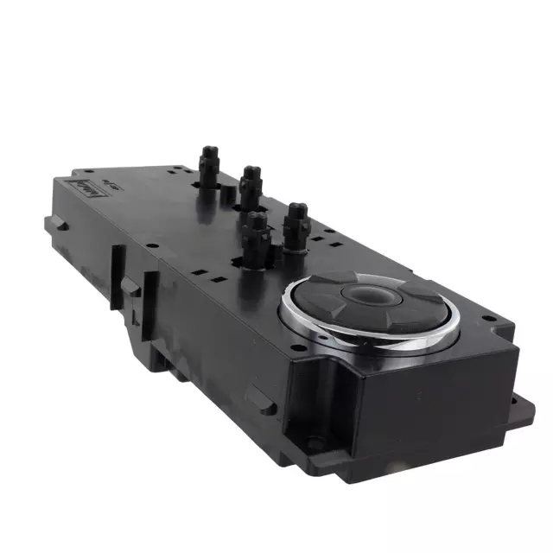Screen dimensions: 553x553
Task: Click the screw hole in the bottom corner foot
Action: [315, 444]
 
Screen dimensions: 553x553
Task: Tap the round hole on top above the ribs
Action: [152, 245]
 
